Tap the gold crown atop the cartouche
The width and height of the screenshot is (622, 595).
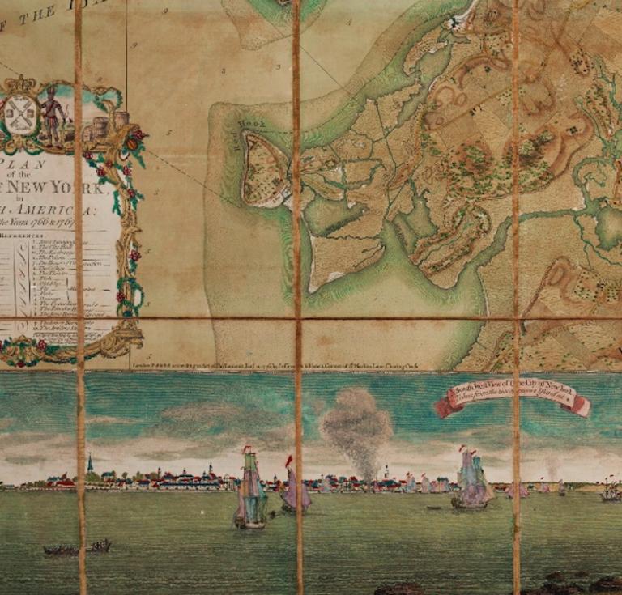(x=21, y=84)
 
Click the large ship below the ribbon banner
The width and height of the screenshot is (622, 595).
(x=471, y=483)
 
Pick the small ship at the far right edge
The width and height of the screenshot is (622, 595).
(x=609, y=491)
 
